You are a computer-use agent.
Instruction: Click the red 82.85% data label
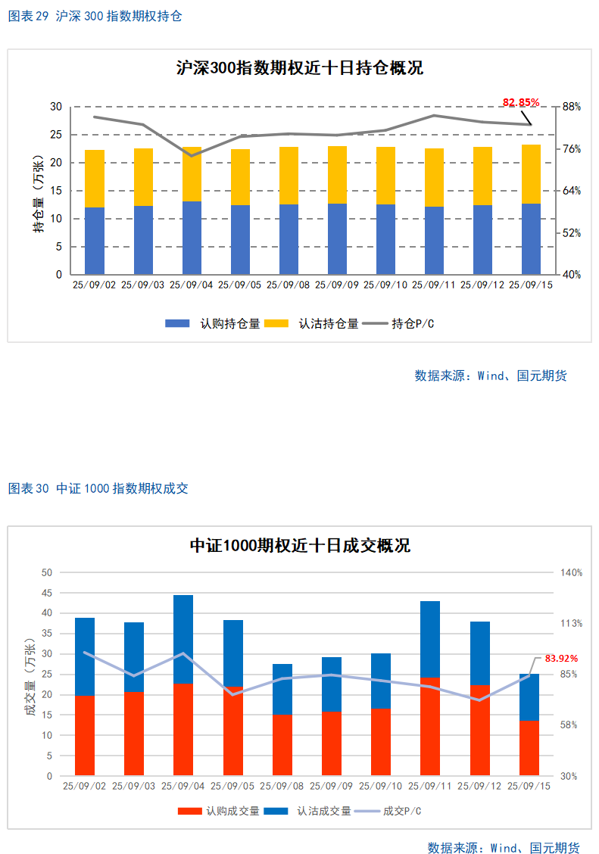tap(521, 102)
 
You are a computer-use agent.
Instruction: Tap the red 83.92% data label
tap(561, 658)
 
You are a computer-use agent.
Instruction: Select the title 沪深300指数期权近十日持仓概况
tap(300, 68)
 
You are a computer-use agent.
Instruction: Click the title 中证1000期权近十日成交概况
tap(300, 545)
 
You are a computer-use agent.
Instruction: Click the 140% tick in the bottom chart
tap(571, 572)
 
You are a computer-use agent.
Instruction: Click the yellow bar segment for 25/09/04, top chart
tap(192, 174)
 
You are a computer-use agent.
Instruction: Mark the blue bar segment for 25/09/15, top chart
tap(532, 238)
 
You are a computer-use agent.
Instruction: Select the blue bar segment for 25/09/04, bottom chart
tap(183, 639)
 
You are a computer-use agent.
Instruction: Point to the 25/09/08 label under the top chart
tap(288, 285)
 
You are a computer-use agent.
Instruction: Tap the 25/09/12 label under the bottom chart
tap(479, 786)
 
